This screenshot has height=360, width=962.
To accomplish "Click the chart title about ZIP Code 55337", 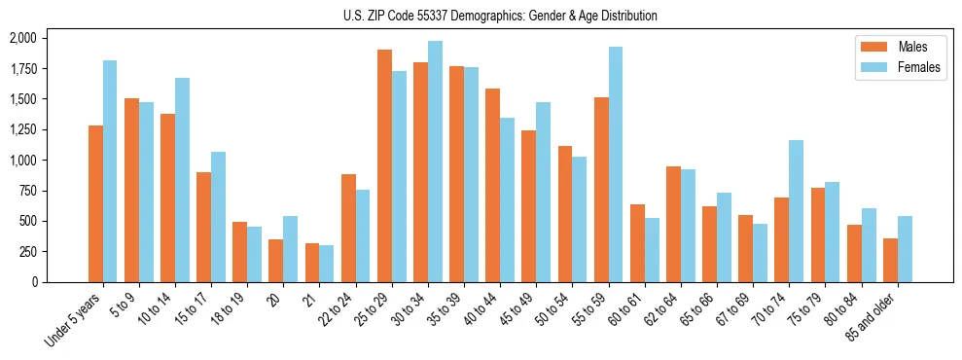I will tap(500, 16).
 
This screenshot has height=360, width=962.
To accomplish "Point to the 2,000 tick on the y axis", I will tap(22, 38).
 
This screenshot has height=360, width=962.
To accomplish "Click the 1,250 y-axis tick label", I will tap(22, 129).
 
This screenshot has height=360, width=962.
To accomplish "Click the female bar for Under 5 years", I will tap(110, 171).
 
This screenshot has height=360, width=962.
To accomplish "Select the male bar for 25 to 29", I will tap(384, 165).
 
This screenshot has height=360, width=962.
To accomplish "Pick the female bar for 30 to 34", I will tap(435, 162).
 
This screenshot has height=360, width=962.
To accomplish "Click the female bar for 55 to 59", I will tap(616, 164).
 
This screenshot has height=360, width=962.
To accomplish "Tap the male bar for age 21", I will tap(312, 263).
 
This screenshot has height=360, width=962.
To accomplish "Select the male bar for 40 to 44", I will tap(493, 185).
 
